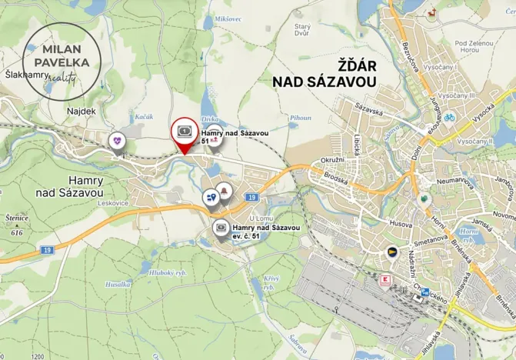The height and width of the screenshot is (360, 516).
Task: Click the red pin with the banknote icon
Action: point(185,132)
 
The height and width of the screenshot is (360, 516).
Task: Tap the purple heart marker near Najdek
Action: point(116,142)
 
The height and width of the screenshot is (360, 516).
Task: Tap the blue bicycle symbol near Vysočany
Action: point(449,118)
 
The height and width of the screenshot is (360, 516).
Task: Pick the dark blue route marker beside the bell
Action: point(211,198)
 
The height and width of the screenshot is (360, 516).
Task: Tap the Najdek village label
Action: point(82,112)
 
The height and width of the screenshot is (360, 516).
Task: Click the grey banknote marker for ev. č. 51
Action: point(220,228)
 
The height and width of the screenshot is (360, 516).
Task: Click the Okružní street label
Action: point(331,159)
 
